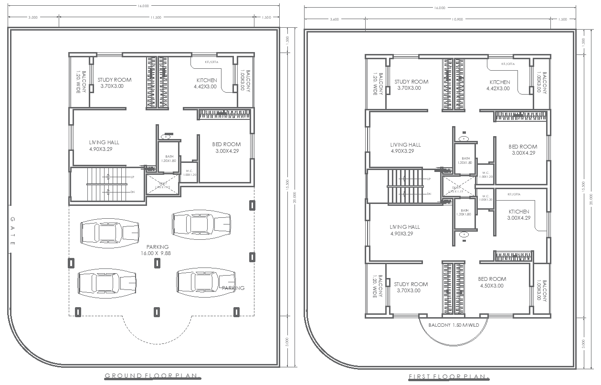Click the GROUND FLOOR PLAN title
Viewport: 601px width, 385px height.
152,375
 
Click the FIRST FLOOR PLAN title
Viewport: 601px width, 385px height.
449,377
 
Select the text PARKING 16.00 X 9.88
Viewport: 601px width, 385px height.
156,250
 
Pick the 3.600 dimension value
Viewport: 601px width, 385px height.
334,20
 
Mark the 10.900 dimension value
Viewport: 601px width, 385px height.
457,20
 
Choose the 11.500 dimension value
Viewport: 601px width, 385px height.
156,18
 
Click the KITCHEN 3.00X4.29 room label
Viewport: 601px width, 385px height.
518,214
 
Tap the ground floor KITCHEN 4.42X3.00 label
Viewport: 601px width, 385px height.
205,84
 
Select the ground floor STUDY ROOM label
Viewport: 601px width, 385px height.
115,83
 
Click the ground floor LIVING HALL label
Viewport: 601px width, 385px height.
104,146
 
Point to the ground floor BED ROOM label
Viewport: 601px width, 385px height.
226,147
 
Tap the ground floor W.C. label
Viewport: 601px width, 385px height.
190,172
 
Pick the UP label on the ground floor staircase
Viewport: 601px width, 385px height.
132,177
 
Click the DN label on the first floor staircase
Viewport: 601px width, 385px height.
429,194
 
